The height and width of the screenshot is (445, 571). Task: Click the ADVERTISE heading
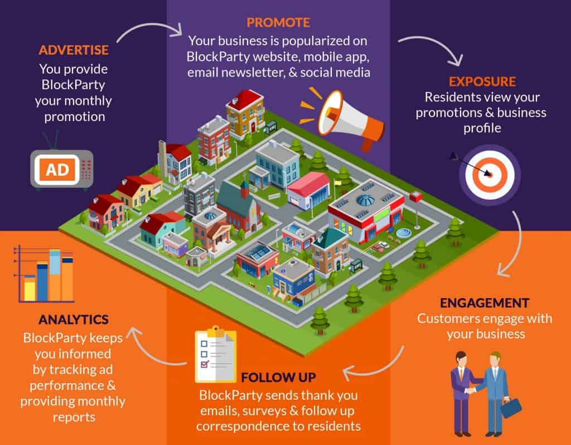point(74,50)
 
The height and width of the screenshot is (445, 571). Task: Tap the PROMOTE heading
point(278,22)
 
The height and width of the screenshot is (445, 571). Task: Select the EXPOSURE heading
point(482,81)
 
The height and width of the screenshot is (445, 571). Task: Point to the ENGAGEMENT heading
point(485,303)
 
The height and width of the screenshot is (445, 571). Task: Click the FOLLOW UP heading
point(279,378)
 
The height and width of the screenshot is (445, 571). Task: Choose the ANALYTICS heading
point(74,320)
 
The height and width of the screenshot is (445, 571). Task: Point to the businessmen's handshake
point(472,390)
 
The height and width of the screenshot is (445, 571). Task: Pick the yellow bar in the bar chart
point(30,288)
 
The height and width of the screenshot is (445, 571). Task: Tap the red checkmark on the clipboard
point(205,364)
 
